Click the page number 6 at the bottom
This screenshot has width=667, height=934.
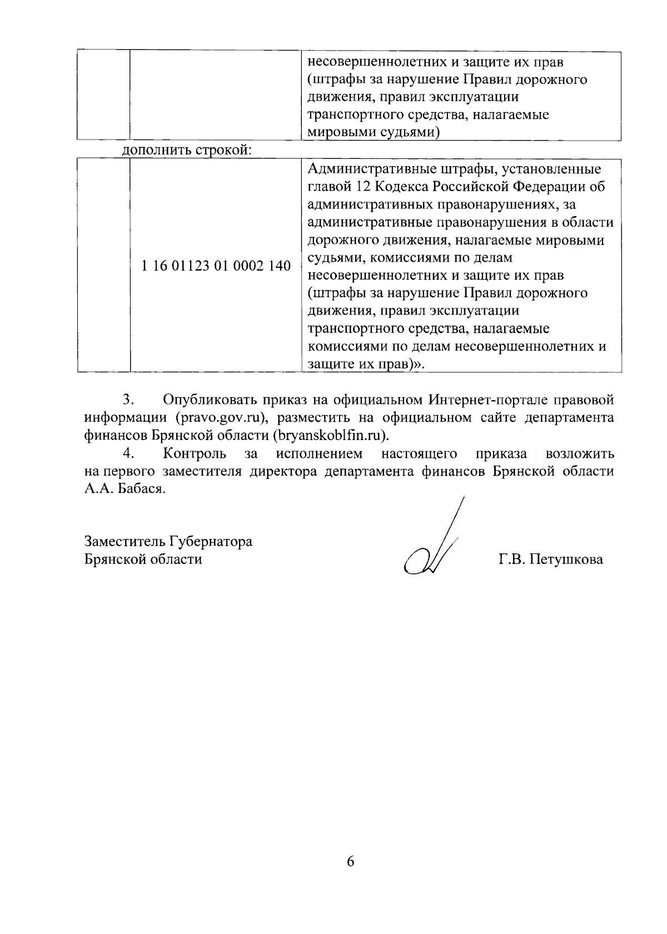point(350,862)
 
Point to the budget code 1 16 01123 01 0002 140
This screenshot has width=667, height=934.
point(216,266)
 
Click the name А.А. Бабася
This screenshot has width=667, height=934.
point(125,489)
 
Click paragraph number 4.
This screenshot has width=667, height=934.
point(130,453)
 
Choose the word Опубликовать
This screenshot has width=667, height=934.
point(209,400)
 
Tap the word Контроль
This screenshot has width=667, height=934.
point(195,453)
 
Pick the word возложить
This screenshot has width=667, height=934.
point(580,453)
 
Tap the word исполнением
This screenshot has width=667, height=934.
point(320,453)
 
